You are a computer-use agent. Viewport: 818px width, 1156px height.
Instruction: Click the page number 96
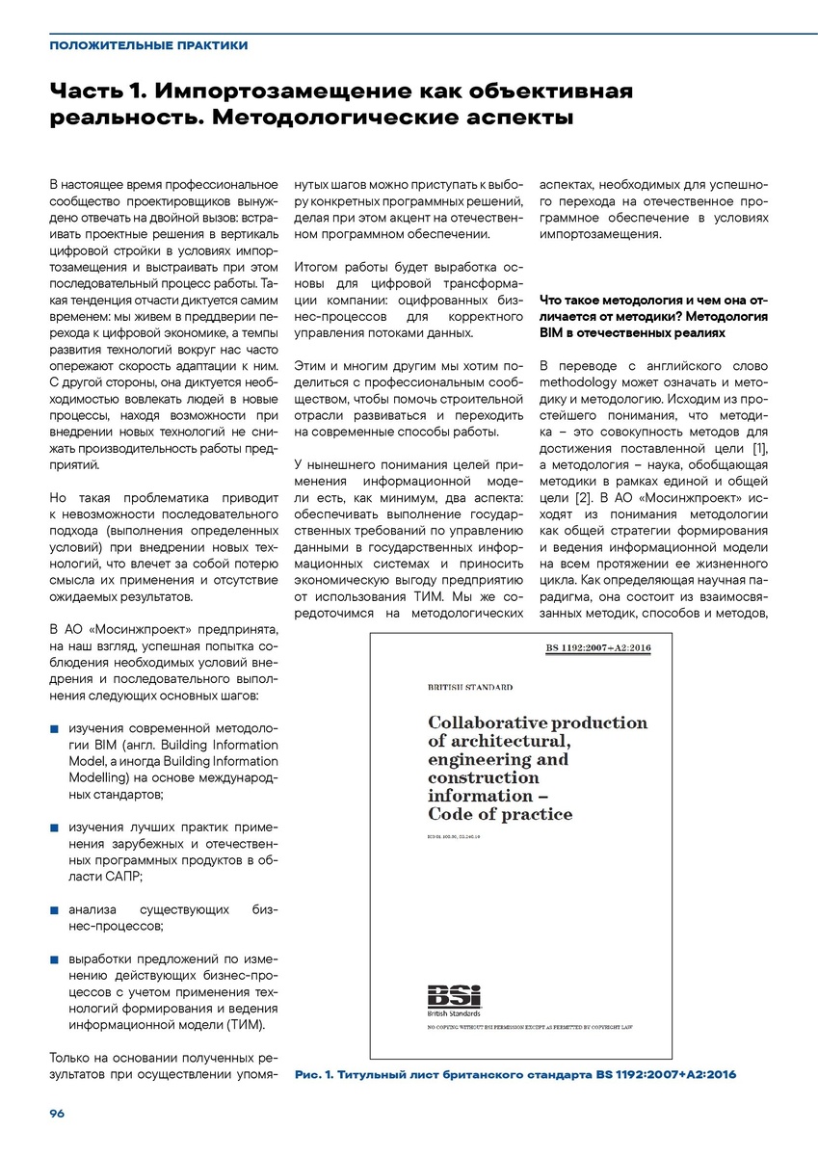[x=57, y=1113]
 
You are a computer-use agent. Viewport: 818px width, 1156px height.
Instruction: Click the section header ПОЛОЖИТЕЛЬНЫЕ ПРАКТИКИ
[x=148, y=45]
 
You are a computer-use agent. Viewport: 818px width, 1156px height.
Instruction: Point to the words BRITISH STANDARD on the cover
[x=470, y=687]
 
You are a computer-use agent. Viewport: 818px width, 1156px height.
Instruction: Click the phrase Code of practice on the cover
[x=500, y=815]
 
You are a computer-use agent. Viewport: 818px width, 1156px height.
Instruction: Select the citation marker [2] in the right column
[x=583, y=499]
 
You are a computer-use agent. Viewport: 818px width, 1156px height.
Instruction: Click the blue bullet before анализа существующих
[x=55, y=908]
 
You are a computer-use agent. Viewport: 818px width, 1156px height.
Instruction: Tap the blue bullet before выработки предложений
[x=55, y=959]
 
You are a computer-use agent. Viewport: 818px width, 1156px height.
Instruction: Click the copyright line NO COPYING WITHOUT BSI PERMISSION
[x=530, y=1028]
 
